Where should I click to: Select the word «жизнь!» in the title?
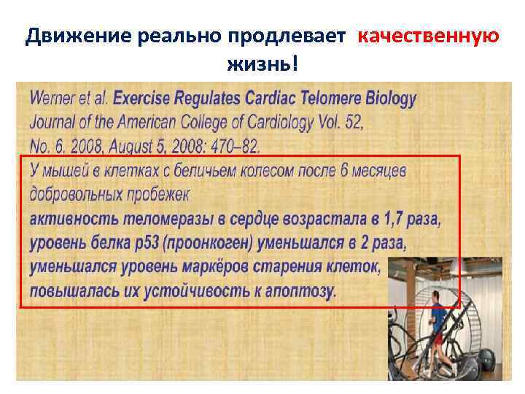pos(262,65)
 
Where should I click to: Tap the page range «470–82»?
pos(230,147)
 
